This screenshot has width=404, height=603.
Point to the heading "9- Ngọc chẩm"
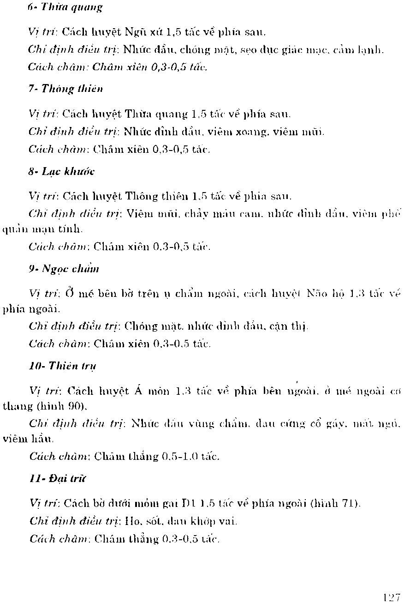64,269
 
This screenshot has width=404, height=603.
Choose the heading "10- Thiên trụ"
62,366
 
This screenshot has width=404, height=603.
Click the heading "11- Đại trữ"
58,479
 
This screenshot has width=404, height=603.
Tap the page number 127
391,597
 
